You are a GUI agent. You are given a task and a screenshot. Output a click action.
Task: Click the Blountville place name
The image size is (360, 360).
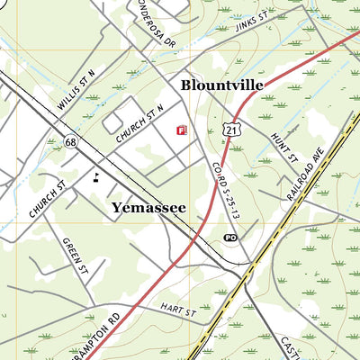click(221, 85)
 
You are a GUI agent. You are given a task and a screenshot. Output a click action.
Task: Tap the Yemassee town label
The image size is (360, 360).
click(148, 208)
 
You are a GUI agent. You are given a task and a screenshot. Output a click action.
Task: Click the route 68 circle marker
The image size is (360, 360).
click(70, 140)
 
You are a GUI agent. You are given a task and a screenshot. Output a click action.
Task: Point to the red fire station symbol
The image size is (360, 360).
click(181, 130)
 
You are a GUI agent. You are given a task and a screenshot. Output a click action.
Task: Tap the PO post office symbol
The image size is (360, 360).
click(230, 238)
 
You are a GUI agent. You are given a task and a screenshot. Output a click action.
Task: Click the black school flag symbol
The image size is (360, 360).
click(96, 175)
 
